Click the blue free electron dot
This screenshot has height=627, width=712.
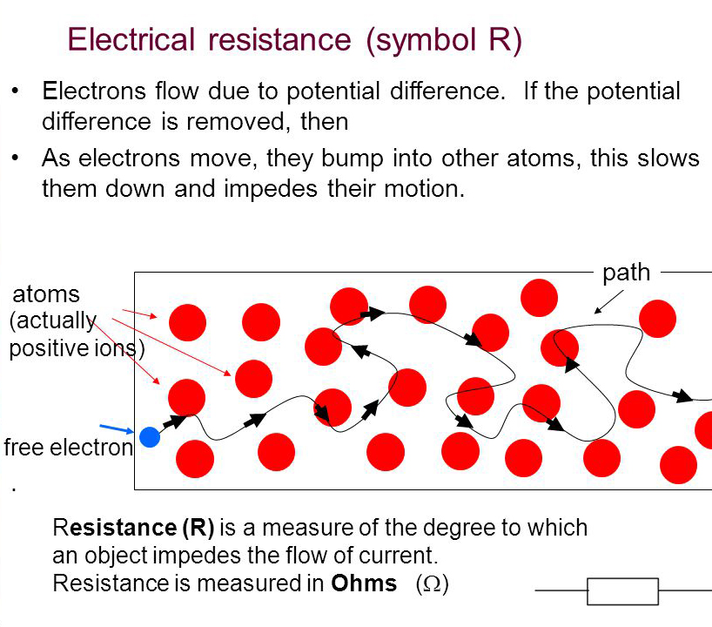coord(150,437)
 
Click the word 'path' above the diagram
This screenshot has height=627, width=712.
coord(626,273)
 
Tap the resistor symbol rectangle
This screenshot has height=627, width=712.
coord(622,591)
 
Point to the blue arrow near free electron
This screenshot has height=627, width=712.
coord(117,428)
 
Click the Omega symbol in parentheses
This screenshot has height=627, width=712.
coord(432,583)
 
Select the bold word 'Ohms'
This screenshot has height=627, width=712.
coord(364,583)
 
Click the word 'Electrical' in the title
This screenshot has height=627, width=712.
coord(131,39)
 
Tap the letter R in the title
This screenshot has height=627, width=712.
coord(500,39)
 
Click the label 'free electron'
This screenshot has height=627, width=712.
coord(69,448)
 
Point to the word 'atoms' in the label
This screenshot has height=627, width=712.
coord(46,294)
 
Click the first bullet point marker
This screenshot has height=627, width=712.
coord(16,91)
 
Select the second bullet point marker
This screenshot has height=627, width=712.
coord(16,158)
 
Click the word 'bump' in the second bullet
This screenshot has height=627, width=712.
coord(353,160)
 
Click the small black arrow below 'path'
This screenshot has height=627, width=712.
coord(609,302)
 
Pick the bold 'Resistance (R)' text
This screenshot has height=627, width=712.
coord(133,528)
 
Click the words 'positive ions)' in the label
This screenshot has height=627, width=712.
coord(77,349)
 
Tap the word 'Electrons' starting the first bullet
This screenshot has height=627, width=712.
coord(94,91)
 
